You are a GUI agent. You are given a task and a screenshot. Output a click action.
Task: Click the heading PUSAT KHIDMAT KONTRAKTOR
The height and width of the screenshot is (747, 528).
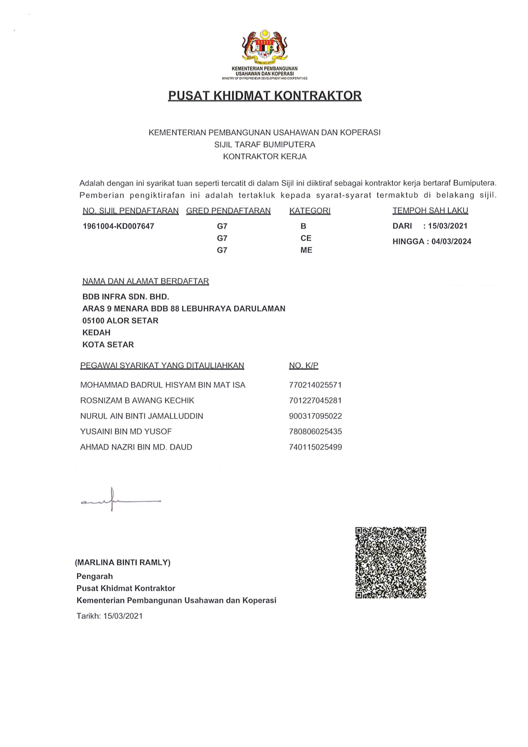point(264,95)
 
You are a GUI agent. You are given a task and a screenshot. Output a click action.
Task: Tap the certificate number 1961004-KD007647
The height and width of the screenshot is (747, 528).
point(119,226)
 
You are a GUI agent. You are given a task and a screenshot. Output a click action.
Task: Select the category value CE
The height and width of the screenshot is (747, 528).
point(306,238)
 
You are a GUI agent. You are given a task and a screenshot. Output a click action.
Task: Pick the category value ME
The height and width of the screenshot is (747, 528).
point(306,250)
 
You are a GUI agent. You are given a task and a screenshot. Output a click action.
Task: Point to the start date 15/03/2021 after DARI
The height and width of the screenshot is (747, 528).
point(448,226)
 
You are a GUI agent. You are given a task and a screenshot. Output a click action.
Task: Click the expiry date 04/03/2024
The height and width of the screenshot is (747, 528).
point(451,241)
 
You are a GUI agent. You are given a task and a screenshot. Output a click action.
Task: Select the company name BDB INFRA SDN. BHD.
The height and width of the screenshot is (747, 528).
point(126,297)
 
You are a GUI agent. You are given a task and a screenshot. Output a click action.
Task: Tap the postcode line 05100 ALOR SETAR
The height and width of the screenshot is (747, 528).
point(120,320)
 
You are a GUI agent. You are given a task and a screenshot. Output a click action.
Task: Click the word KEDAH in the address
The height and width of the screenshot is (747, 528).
point(96,332)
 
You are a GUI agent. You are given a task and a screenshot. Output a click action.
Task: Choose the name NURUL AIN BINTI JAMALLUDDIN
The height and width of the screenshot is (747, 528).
point(142,416)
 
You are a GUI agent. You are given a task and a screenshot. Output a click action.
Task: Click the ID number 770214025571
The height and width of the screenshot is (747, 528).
point(315,385)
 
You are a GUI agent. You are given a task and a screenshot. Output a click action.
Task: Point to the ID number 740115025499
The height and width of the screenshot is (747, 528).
point(315,447)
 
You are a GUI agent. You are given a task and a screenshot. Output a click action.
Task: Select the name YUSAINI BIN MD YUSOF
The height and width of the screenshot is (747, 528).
point(126,431)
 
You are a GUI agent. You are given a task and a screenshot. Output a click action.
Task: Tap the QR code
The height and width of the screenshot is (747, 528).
point(390,562)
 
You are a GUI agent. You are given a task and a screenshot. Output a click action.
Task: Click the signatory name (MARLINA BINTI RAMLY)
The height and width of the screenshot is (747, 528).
point(123,562)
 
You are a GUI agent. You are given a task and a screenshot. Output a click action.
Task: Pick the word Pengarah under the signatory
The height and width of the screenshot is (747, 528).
point(95,576)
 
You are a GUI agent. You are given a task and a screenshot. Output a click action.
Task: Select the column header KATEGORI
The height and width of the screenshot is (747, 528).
point(310,211)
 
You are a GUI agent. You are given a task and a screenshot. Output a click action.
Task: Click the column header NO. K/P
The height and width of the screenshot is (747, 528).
point(303,366)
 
